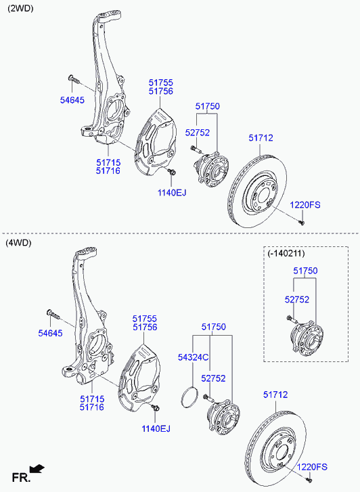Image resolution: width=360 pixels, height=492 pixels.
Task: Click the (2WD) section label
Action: click(x=21, y=9)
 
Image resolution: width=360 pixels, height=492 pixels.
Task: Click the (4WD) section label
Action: click(x=18, y=242)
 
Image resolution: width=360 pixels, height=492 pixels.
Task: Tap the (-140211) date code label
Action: click(x=286, y=254)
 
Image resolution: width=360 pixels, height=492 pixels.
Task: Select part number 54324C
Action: click(x=193, y=357)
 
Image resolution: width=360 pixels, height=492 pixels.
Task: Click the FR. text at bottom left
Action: click(x=22, y=478)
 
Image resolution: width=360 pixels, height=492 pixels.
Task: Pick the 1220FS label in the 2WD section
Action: click(x=305, y=205)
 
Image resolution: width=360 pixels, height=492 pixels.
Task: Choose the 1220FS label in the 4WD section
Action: click(x=312, y=467)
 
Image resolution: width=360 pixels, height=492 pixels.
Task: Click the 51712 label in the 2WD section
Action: click(x=261, y=138)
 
